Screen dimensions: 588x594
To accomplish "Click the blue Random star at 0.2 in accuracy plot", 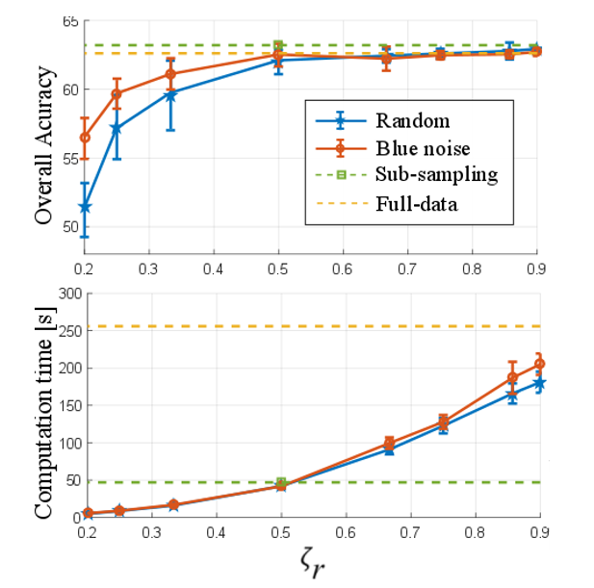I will [x=85, y=207].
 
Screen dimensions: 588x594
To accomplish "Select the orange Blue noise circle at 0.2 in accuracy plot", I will [x=85, y=137].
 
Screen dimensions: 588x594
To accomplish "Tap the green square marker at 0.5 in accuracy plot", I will [x=278, y=45].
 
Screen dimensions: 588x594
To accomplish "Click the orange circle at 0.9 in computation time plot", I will [x=539, y=364].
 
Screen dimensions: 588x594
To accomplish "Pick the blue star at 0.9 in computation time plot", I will [x=539, y=383].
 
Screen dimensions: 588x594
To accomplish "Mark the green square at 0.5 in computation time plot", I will [x=281, y=482].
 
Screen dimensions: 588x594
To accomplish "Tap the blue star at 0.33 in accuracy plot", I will [x=170, y=94].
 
